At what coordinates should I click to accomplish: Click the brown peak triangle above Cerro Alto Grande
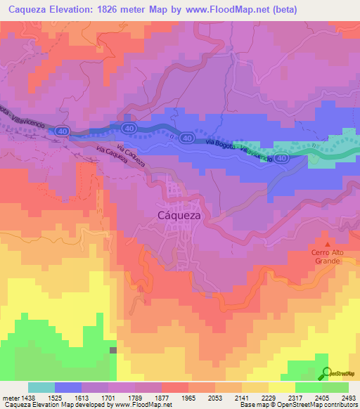(326, 243)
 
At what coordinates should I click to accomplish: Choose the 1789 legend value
(143, 397)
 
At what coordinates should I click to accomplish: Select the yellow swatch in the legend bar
(281, 387)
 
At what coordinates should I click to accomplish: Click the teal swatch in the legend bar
(41, 387)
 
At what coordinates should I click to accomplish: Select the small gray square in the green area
(112, 349)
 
